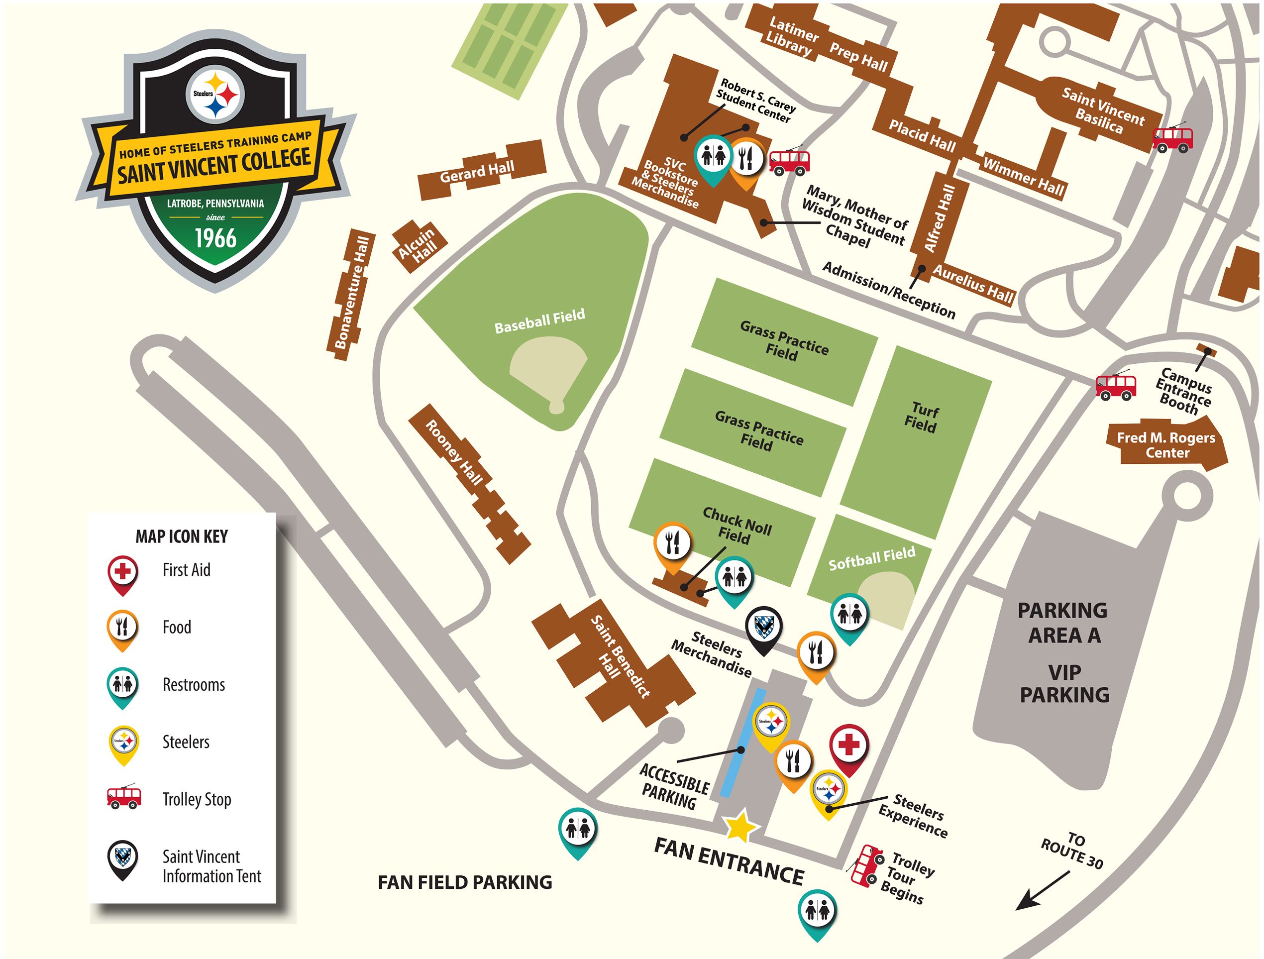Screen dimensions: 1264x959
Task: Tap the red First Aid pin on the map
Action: pos(848,748)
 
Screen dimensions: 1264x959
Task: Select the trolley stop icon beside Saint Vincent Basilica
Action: pos(1173,138)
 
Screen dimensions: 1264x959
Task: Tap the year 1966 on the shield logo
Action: pos(216,238)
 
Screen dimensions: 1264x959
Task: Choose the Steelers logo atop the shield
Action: pos(216,95)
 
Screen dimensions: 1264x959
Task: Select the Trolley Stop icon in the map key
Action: pos(124,797)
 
